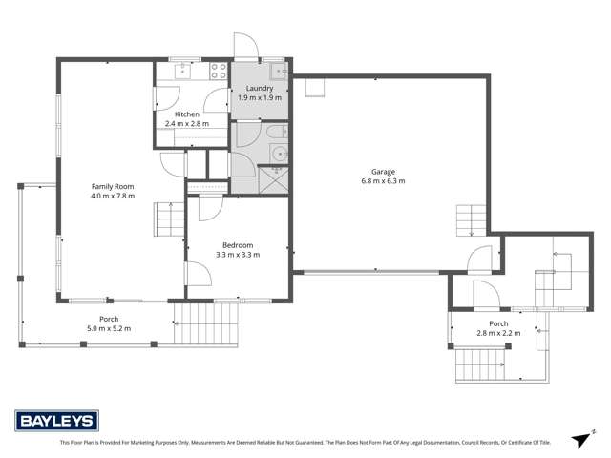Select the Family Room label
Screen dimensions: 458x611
(x=113, y=186)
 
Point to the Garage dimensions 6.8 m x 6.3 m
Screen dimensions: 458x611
(x=383, y=180)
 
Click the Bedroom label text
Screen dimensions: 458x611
(x=239, y=244)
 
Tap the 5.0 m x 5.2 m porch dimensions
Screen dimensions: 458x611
(x=109, y=328)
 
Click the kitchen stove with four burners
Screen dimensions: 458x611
(x=218, y=69)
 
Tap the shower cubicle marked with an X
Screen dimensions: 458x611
(x=272, y=177)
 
